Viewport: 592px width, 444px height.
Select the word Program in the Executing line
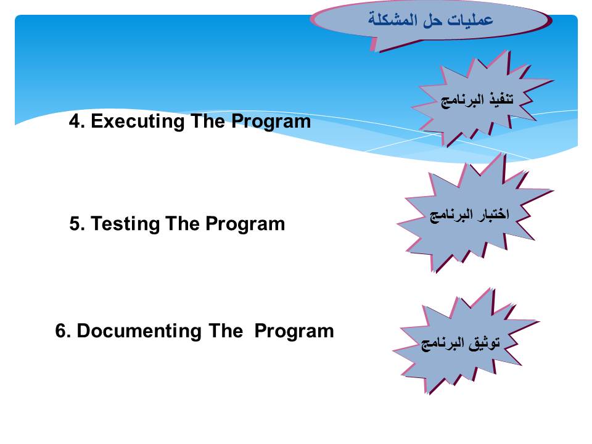coord(271,122)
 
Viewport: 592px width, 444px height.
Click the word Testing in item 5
coord(125,223)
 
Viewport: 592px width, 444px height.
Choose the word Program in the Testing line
coord(245,224)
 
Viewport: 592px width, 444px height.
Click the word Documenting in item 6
coord(139,331)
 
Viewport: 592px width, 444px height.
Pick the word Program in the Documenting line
coord(294,331)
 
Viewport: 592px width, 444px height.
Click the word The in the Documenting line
coord(226,331)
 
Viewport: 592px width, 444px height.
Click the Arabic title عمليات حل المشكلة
coord(431,19)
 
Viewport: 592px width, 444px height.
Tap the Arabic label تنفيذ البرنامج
coord(477,100)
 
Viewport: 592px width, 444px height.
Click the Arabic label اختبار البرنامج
coord(469,215)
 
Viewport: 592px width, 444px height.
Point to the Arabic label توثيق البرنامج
coord(461,343)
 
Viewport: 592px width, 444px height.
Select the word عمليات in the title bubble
coord(470,20)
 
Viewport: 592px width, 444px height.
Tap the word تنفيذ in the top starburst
coord(501,99)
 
